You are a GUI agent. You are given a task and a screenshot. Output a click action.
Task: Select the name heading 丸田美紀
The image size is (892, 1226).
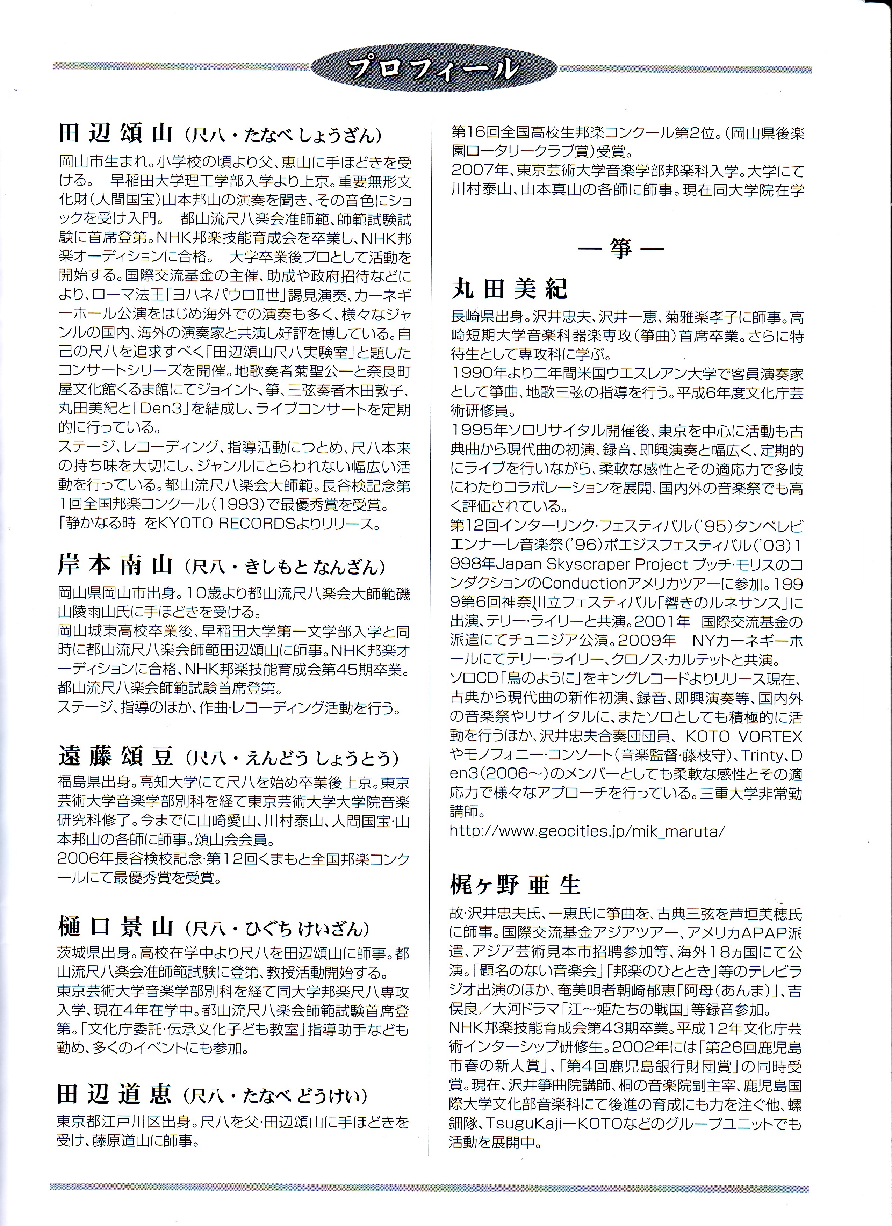coord(509,290)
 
